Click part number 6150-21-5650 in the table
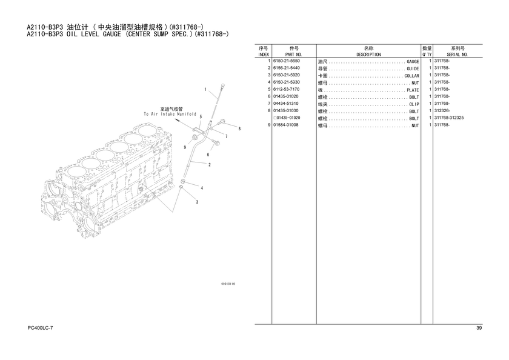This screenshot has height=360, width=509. [286, 61]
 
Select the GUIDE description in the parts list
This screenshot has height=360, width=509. [413, 69]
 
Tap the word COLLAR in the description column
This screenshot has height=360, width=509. [411, 76]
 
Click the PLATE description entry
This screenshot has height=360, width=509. [413, 90]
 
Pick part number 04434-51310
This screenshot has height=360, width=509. [285, 104]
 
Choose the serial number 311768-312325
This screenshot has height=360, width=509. [449, 118]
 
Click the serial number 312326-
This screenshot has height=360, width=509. [442, 111]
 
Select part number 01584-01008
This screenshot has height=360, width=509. [285, 125]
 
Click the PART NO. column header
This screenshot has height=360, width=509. [294, 55]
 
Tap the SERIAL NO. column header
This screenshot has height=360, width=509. [457, 55]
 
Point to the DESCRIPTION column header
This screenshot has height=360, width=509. [368, 55]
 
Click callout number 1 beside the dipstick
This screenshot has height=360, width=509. [205, 89]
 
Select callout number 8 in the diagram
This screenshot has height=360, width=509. [239, 129]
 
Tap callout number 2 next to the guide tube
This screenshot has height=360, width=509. [210, 165]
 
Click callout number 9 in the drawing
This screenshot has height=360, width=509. [185, 147]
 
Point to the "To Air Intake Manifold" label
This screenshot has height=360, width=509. [170, 115]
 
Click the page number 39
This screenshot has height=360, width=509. [479, 328]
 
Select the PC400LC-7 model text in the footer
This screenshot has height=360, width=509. [40, 328]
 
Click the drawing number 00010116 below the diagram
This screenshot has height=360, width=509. [228, 284]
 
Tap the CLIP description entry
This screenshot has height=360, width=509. [414, 104]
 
